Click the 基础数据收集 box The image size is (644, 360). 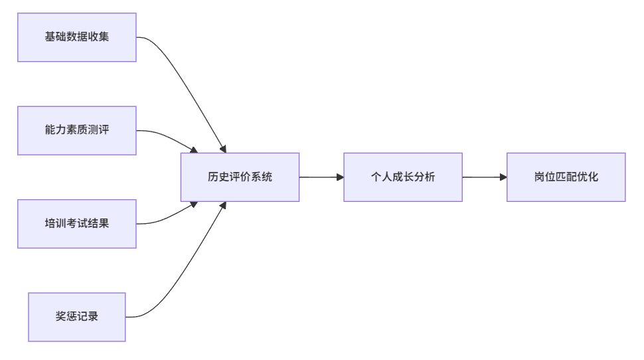(x=77, y=37)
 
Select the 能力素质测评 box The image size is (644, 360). (x=77, y=130)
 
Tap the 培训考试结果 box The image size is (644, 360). (x=77, y=224)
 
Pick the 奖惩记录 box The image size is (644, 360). (x=77, y=317)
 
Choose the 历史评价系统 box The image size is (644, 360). (x=240, y=177)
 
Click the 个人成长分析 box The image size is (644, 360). (x=403, y=177)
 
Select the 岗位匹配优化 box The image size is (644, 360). (x=566, y=177)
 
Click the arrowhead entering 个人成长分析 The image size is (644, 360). (x=340, y=177)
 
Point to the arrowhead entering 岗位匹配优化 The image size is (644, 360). (x=503, y=177)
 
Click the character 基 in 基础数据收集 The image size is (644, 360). (x=50, y=37)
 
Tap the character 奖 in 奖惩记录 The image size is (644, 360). (x=61, y=317)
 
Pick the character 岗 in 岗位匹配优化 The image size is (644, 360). (x=540, y=177)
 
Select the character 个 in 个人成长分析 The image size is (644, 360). (x=376, y=177)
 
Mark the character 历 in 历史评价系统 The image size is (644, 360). (x=213, y=177)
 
